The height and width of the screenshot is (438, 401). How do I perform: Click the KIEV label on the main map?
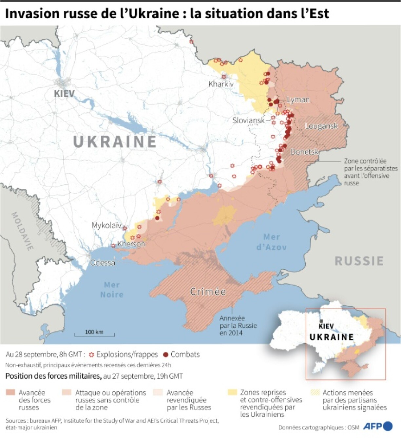pos(64,94)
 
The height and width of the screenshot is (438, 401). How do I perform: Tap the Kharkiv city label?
pos(221,84)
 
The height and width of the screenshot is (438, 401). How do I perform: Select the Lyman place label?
pos(298,100)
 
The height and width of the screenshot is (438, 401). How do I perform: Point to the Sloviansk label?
pos(248,121)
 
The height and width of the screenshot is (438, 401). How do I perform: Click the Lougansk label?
pos(321,126)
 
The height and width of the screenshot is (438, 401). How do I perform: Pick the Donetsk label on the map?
pos(305,152)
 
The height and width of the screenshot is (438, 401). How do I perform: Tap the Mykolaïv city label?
pos(106,225)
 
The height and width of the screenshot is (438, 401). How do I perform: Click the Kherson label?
pos(131,244)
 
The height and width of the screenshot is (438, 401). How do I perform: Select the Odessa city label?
pos(103,263)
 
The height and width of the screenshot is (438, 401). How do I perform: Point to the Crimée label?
pos(208,292)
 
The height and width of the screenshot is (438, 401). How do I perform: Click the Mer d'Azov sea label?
pos(271,242)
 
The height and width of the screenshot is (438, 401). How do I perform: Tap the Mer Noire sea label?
pos(112,290)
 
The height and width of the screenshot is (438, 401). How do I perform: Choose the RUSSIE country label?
pos(359,261)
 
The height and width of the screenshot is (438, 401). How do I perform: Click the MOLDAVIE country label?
pos(23,231)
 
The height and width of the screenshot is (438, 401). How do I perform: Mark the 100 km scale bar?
pos(94,334)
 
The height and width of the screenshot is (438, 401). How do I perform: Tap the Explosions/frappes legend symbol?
pos(92,354)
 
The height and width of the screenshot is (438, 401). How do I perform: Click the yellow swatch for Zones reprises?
pos(232,392)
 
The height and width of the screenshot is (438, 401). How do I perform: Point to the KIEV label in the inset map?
pos(326,326)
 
